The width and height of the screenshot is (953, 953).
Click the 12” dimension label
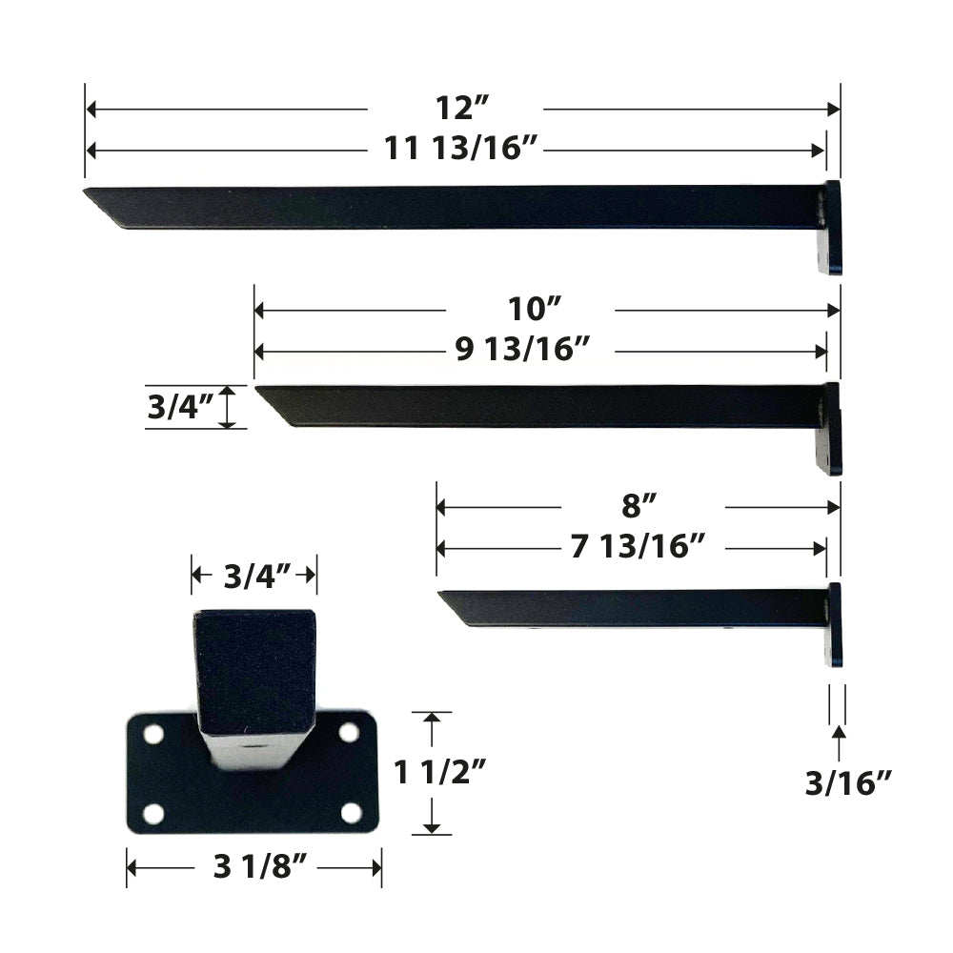455,108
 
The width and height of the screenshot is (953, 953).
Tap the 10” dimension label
531,309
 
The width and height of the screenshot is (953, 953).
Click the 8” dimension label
638,505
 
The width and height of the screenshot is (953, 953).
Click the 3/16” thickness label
847,782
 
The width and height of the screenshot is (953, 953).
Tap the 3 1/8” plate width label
253,866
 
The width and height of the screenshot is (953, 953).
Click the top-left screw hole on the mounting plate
153,735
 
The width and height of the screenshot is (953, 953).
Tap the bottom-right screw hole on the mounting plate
352,813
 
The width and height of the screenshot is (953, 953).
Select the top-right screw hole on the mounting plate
349,732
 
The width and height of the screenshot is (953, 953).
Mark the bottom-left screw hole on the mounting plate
153,815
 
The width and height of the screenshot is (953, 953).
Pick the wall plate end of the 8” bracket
835,624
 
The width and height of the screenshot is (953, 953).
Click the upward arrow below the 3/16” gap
839,740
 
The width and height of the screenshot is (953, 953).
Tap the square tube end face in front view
253,672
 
